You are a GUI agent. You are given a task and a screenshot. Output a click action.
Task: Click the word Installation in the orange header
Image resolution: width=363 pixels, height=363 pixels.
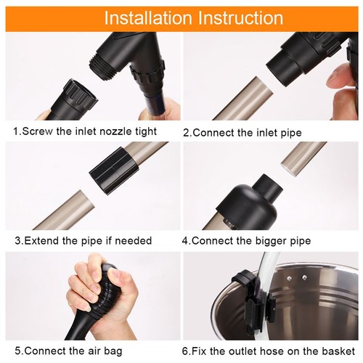click(x=148, y=18)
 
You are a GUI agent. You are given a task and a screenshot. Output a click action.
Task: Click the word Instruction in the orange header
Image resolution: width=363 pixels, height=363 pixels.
click(x=241, y=18)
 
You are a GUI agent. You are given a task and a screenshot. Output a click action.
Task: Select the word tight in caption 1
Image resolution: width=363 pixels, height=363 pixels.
click(x=146, y=132)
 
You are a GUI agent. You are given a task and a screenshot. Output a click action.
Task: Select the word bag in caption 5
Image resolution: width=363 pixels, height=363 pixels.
click(x=113, y=351)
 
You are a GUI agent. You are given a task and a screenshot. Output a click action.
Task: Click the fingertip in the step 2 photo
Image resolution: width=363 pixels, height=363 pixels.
click(x=340, y=78)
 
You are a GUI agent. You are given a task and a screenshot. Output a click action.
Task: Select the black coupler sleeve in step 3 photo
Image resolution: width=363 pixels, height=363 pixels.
click(x=114, y=171)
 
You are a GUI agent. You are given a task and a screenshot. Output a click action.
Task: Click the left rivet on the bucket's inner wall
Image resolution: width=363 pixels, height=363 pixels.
click(x=289, y=278)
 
